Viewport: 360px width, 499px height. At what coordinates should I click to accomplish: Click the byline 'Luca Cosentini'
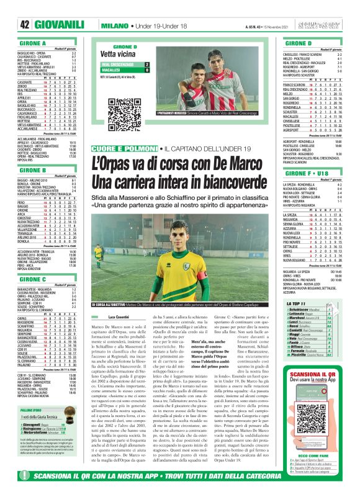tap(115, 317)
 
